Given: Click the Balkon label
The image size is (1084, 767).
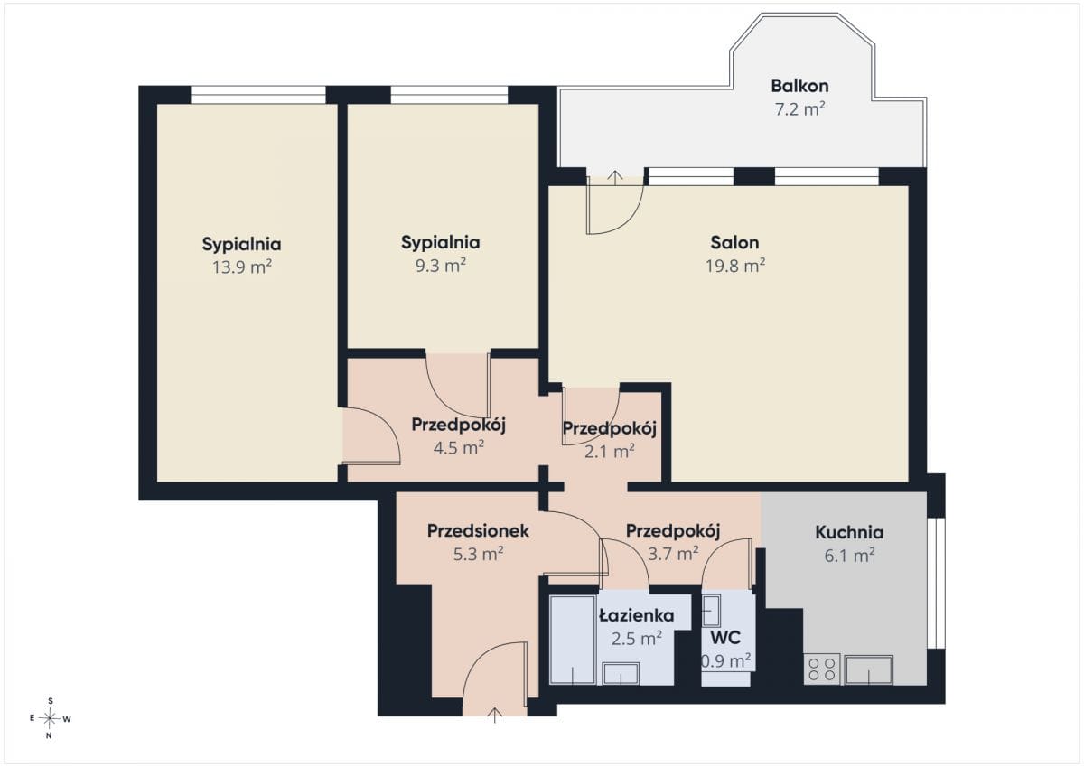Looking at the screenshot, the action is click(800, 86).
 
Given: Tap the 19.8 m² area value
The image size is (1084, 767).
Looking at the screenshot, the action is click(735, 266).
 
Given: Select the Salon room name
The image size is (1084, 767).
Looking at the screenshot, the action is click(734, 242).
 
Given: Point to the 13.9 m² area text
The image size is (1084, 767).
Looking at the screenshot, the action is click(242, 267).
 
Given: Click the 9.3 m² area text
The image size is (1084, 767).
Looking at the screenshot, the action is click(441, 266).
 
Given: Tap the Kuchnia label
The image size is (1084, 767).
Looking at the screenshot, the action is click(849, 532).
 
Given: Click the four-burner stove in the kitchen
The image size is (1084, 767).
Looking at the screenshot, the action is click(822, 669).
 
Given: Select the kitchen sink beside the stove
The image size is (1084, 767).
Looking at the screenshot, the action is click(869, 669).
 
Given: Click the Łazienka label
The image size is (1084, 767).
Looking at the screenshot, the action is click(636, 615).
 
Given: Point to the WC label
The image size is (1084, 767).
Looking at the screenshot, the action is click(725, 638).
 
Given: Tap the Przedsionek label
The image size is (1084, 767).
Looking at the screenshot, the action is click(478, 531).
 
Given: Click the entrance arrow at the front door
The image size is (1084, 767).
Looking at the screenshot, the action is click(495, 715).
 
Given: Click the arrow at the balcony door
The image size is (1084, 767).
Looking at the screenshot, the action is click(615, 178).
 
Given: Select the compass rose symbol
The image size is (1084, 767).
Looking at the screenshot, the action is click(50, 718).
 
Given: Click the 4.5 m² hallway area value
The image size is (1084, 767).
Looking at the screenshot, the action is click(459, 447).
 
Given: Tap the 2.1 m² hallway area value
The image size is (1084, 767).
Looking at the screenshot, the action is click(610, 452).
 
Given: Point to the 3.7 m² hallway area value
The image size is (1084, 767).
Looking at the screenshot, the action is click(673, 553).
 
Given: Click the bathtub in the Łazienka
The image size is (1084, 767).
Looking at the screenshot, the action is click(573, 640).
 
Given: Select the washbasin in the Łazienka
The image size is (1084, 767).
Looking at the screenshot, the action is click(621, 673).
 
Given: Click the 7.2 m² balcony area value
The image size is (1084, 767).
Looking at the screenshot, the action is click(800, 109).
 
